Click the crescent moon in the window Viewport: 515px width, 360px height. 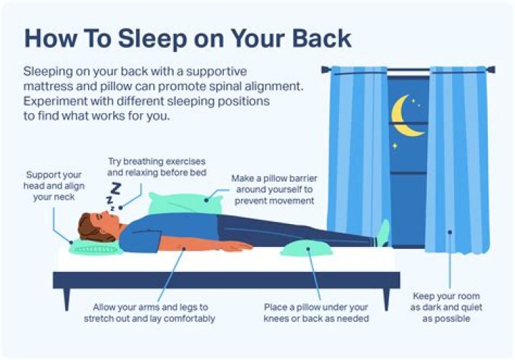tap(406, 117)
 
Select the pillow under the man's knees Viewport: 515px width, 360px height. tap(306, 248)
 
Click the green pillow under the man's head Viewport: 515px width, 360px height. tap(94, 248)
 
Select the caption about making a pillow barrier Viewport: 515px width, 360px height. tap(273, 190)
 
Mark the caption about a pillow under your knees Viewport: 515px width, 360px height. tap(315, 312)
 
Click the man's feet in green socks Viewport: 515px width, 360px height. tap(383, 233)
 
